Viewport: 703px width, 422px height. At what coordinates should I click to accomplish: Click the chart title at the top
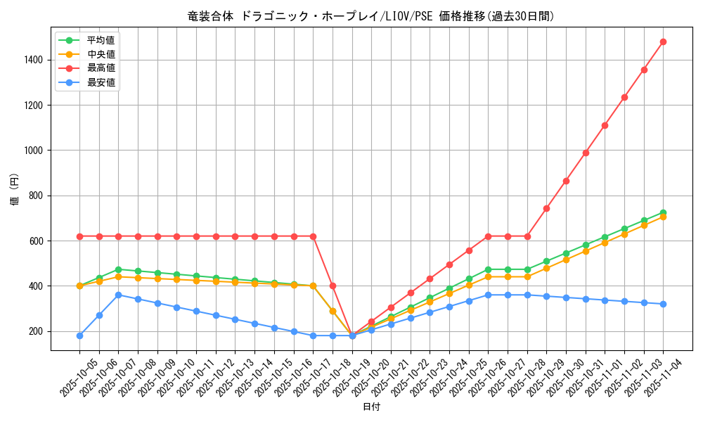click(371, 16)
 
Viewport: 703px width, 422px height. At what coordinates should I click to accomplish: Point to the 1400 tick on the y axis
click(32, 60)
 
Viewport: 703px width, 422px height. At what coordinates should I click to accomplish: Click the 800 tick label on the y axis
click(35, 196)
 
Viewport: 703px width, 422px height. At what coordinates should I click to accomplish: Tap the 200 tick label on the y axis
click(35, 331)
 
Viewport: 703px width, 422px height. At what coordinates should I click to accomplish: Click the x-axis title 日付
click(371, 407)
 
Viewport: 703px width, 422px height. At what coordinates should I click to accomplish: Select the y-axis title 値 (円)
click(15, 190)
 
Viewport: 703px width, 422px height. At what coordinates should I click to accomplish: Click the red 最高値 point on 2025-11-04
click(663, 41)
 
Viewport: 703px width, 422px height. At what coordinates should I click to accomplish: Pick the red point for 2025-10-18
click(333, 286)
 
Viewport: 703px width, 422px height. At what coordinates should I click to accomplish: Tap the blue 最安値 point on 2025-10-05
click(79, 335)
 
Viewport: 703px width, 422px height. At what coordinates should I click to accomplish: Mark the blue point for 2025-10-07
click(118, 295)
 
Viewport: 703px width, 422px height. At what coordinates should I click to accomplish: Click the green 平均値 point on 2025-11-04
click(663, 212)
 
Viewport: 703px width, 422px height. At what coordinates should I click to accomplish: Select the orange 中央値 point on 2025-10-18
click(333, 311)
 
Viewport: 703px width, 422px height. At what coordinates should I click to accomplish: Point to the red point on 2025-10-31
click(586, 153)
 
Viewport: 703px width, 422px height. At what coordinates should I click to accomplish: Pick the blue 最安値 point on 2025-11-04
click(663, 304)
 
